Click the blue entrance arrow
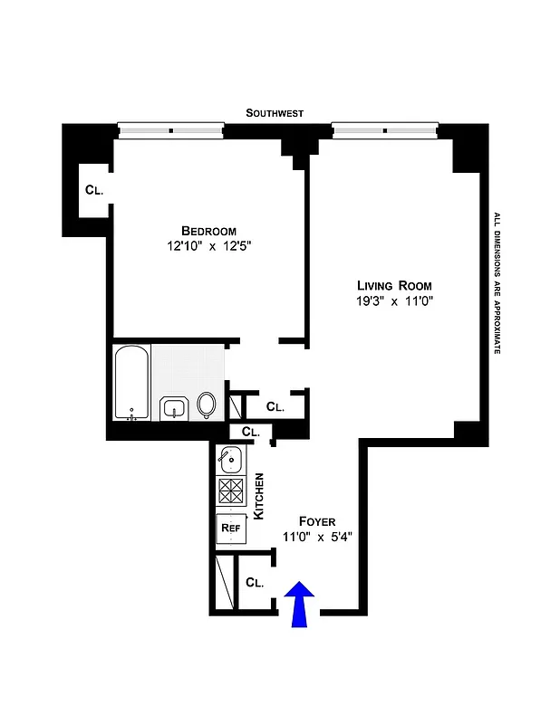(300, 604)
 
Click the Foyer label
(317, 521)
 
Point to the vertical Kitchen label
(257, 495)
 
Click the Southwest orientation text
(275, 113)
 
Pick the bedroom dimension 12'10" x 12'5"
(208, 245)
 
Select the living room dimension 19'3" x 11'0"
(395, 301)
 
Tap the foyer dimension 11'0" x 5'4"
(316, 537)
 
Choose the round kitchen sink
(230, 460)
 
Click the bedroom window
(171, 130)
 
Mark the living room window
(385, 130)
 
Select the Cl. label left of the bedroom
(94, 190)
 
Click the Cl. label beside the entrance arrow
(255, 583)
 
